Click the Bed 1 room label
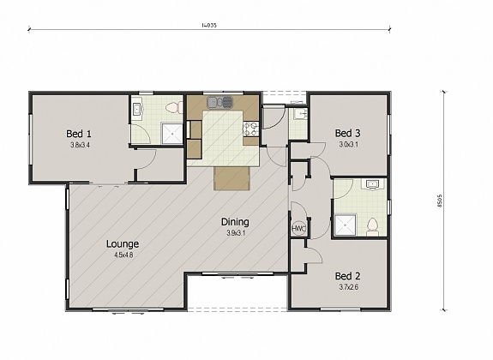point(80,134)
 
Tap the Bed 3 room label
point(347,133)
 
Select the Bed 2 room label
point(347,276)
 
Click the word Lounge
point(123,243)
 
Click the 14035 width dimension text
point(208,26)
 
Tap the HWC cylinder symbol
point(298,229)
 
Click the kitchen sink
point(219,102)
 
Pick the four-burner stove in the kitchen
point(251,129)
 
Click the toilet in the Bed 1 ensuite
point(171,108)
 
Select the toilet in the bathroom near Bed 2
point(372,226)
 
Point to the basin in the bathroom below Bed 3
point(373,185)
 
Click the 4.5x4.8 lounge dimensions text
point(123,255)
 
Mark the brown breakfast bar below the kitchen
point(231,178)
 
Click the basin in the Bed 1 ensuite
point(136,110)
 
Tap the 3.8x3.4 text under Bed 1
point(80,145)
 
